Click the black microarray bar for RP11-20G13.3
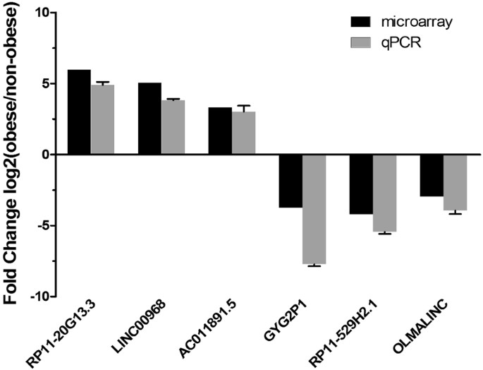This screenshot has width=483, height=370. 79,112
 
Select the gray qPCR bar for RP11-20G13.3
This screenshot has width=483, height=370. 102,119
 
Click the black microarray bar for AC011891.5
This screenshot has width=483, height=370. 220,131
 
